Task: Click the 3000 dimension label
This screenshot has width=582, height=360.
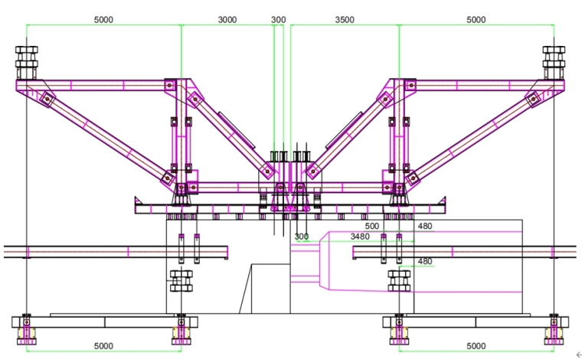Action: pyautogui.click(x=227, y=20)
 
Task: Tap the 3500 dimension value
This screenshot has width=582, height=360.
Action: pyautogui.click(x=345, y=20)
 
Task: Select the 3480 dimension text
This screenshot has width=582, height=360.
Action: pyautogui.click(x=360, y=237)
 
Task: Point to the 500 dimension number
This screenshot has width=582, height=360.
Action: pyautogui.click(x=372, y=226)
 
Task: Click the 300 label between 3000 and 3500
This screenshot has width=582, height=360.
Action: pyautogui.click(x=279, y=20)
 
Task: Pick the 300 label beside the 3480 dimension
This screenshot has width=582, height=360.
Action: pyautogui.click(x=302, y=237)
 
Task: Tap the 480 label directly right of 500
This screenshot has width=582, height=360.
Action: pyautogui.click(x=425, y=226)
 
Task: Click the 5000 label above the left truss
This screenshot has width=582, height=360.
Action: pyautogui.click(x=103, y=20)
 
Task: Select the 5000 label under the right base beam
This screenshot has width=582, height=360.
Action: pyautogui.click(x=476, y=346)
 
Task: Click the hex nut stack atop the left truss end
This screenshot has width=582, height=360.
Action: pyautogui.click(x=27, y=57)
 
